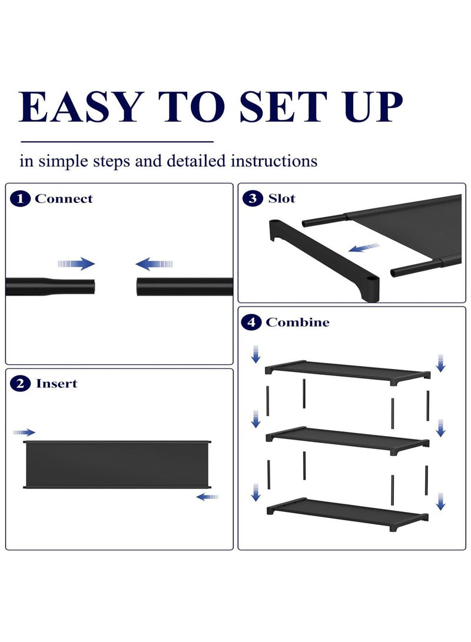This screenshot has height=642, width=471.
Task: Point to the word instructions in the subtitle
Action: pos(274,161)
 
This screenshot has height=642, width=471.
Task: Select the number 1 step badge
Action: pos(21,199)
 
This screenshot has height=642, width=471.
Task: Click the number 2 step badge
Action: pos(21,384)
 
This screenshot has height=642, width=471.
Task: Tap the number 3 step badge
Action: pos(253,198)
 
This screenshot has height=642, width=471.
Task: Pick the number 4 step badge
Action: pos(251,322)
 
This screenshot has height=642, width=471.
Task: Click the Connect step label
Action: pos(64,199)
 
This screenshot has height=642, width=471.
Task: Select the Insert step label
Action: pos(57,384)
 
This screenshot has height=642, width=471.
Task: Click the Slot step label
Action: pos(281,198)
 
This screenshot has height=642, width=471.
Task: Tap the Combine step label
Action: pos(297,322)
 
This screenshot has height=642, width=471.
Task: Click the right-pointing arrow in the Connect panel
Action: pos(77,264)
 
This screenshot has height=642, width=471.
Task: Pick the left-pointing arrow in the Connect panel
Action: pos(154,264)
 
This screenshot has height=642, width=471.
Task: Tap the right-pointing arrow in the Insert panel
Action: pos(24,433)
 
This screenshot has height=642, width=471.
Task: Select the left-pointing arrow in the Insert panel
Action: pos(207,497)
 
